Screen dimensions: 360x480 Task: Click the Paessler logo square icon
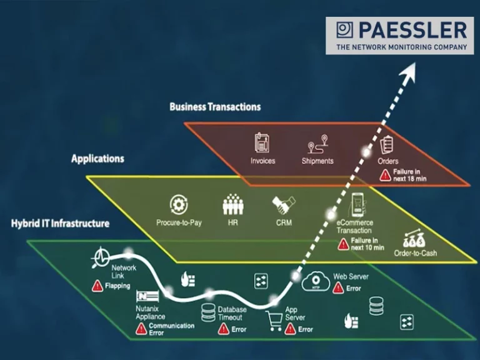click(344, 30)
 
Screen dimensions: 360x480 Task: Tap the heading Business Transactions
click(215, 107)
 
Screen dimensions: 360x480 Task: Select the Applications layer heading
click(97, 159)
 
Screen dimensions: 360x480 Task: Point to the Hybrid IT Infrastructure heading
click(60, 223)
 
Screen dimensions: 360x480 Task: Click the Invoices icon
click(262, 143)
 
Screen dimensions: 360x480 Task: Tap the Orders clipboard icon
click(387, 144)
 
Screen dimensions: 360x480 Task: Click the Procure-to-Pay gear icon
click(179, 205)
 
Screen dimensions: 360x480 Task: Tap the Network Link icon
click(101, 257)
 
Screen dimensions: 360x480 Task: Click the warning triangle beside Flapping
click(97, 286)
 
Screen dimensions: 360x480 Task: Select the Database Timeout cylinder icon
click(208, 312)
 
